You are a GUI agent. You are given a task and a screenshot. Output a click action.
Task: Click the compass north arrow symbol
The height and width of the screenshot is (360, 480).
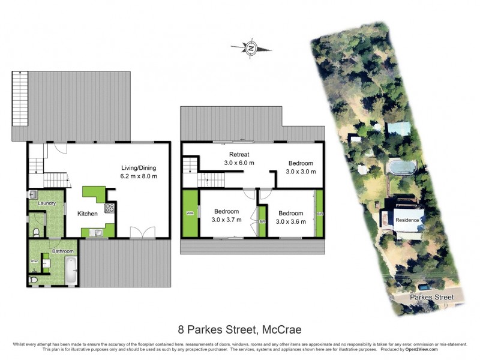point(251,47)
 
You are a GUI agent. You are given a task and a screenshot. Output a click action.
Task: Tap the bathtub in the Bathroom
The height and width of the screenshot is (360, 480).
point(71,270)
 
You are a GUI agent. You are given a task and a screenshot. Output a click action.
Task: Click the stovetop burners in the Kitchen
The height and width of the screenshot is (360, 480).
point(110,209)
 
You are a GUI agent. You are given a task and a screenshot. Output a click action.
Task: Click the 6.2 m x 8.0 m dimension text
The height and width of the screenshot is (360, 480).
point(139,176)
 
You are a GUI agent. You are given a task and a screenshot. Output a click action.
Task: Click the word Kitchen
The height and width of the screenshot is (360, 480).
point(88,213)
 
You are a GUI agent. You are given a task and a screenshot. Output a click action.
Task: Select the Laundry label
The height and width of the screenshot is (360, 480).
point(47,203)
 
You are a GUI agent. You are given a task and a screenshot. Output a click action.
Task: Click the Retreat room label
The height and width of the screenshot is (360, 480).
point(239,154)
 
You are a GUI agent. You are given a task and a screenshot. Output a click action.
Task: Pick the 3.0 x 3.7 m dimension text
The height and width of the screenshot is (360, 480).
point(227,220)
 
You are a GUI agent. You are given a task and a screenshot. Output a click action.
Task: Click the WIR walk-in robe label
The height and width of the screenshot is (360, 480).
point(190,213)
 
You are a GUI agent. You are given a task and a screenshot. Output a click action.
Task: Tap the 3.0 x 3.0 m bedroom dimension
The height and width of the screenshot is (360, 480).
point(301,172)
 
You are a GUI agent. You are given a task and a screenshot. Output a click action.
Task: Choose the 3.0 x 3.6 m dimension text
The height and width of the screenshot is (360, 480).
point(290,221)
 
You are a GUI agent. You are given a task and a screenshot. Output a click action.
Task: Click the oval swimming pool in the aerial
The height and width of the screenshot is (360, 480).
point(400,166)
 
